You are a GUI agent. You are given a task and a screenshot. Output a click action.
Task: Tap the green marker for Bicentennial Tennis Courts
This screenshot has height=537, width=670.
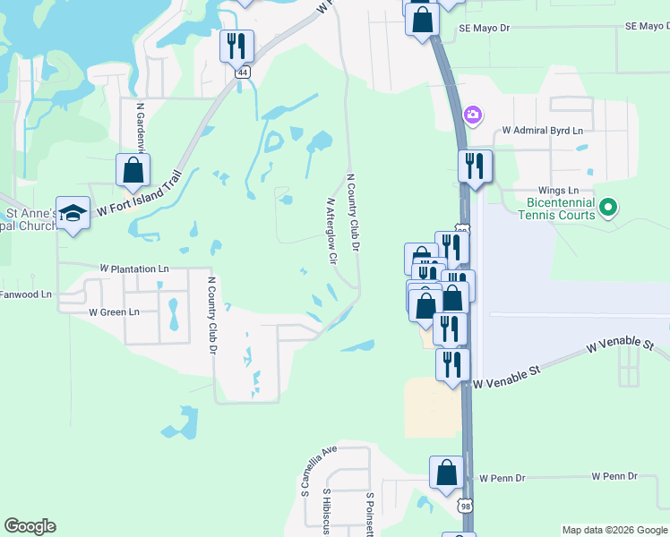[x=609, y=209]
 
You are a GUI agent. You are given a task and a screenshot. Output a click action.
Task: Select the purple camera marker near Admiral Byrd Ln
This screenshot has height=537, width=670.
[x=472, y=115]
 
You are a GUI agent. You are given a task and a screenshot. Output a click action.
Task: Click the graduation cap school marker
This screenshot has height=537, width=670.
[x=73, y=213]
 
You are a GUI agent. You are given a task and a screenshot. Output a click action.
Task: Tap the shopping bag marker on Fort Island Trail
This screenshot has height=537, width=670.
[x=133, y=170]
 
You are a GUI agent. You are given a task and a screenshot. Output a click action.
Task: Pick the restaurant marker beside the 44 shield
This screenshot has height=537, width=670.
[x=236, y=46]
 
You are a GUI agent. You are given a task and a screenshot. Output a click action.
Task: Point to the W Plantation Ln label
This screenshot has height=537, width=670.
[x=134, y=268]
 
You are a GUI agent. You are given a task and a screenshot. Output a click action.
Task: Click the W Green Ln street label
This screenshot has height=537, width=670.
[x=114, y=312]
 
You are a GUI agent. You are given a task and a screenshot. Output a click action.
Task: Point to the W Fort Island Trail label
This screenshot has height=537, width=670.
[x=139, y=197]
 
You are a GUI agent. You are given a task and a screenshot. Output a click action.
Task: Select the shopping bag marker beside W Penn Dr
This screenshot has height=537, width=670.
[x=446, y=474]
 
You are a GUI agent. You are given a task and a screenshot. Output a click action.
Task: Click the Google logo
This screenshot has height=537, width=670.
[x=30, y=526]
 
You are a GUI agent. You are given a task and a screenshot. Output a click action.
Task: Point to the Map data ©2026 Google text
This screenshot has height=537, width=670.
[x=614, y=530]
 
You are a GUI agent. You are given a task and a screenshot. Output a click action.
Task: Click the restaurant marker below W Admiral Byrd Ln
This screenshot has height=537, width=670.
[x=475, y=166]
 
